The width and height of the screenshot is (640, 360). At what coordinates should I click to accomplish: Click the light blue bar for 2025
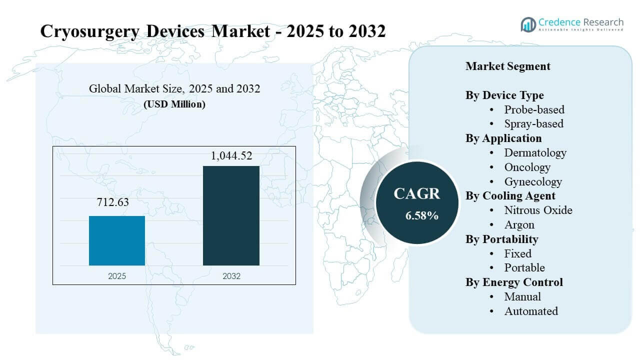tap(117, 240)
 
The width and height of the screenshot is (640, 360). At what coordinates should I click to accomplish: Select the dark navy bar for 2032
tap(231, 215)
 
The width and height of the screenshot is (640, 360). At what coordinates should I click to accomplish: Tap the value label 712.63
tap(117, 203)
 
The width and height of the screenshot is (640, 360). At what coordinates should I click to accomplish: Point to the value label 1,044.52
tap(231, 155)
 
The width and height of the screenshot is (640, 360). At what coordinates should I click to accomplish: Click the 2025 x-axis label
tap(117, 275)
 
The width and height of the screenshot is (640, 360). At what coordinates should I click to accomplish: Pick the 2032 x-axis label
tap(231, 275)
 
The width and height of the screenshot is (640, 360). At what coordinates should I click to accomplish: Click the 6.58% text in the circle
tap(421, 216)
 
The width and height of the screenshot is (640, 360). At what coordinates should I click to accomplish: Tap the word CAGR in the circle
tap(416, 194)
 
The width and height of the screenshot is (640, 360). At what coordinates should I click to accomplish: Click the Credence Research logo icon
tap(528, 24)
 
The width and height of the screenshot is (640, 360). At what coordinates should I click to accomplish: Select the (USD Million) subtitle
tap(174, 104)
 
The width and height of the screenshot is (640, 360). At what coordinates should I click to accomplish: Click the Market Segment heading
tap(507, 66)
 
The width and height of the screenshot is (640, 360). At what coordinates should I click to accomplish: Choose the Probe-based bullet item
tap(534, 109)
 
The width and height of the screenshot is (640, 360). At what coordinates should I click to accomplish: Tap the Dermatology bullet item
tap(535, 152)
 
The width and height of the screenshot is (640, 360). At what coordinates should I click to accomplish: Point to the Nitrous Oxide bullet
tap(538, 210)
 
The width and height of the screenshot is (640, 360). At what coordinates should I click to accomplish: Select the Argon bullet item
tap(519, 224)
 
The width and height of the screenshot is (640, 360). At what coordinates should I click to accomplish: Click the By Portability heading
tap(501, 239)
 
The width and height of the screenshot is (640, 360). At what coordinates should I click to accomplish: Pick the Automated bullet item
tap(531, 311)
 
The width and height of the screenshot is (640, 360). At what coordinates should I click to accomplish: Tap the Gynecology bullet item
tap(533, 181)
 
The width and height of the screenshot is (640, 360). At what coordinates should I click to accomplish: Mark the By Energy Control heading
tap(514, 282)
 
